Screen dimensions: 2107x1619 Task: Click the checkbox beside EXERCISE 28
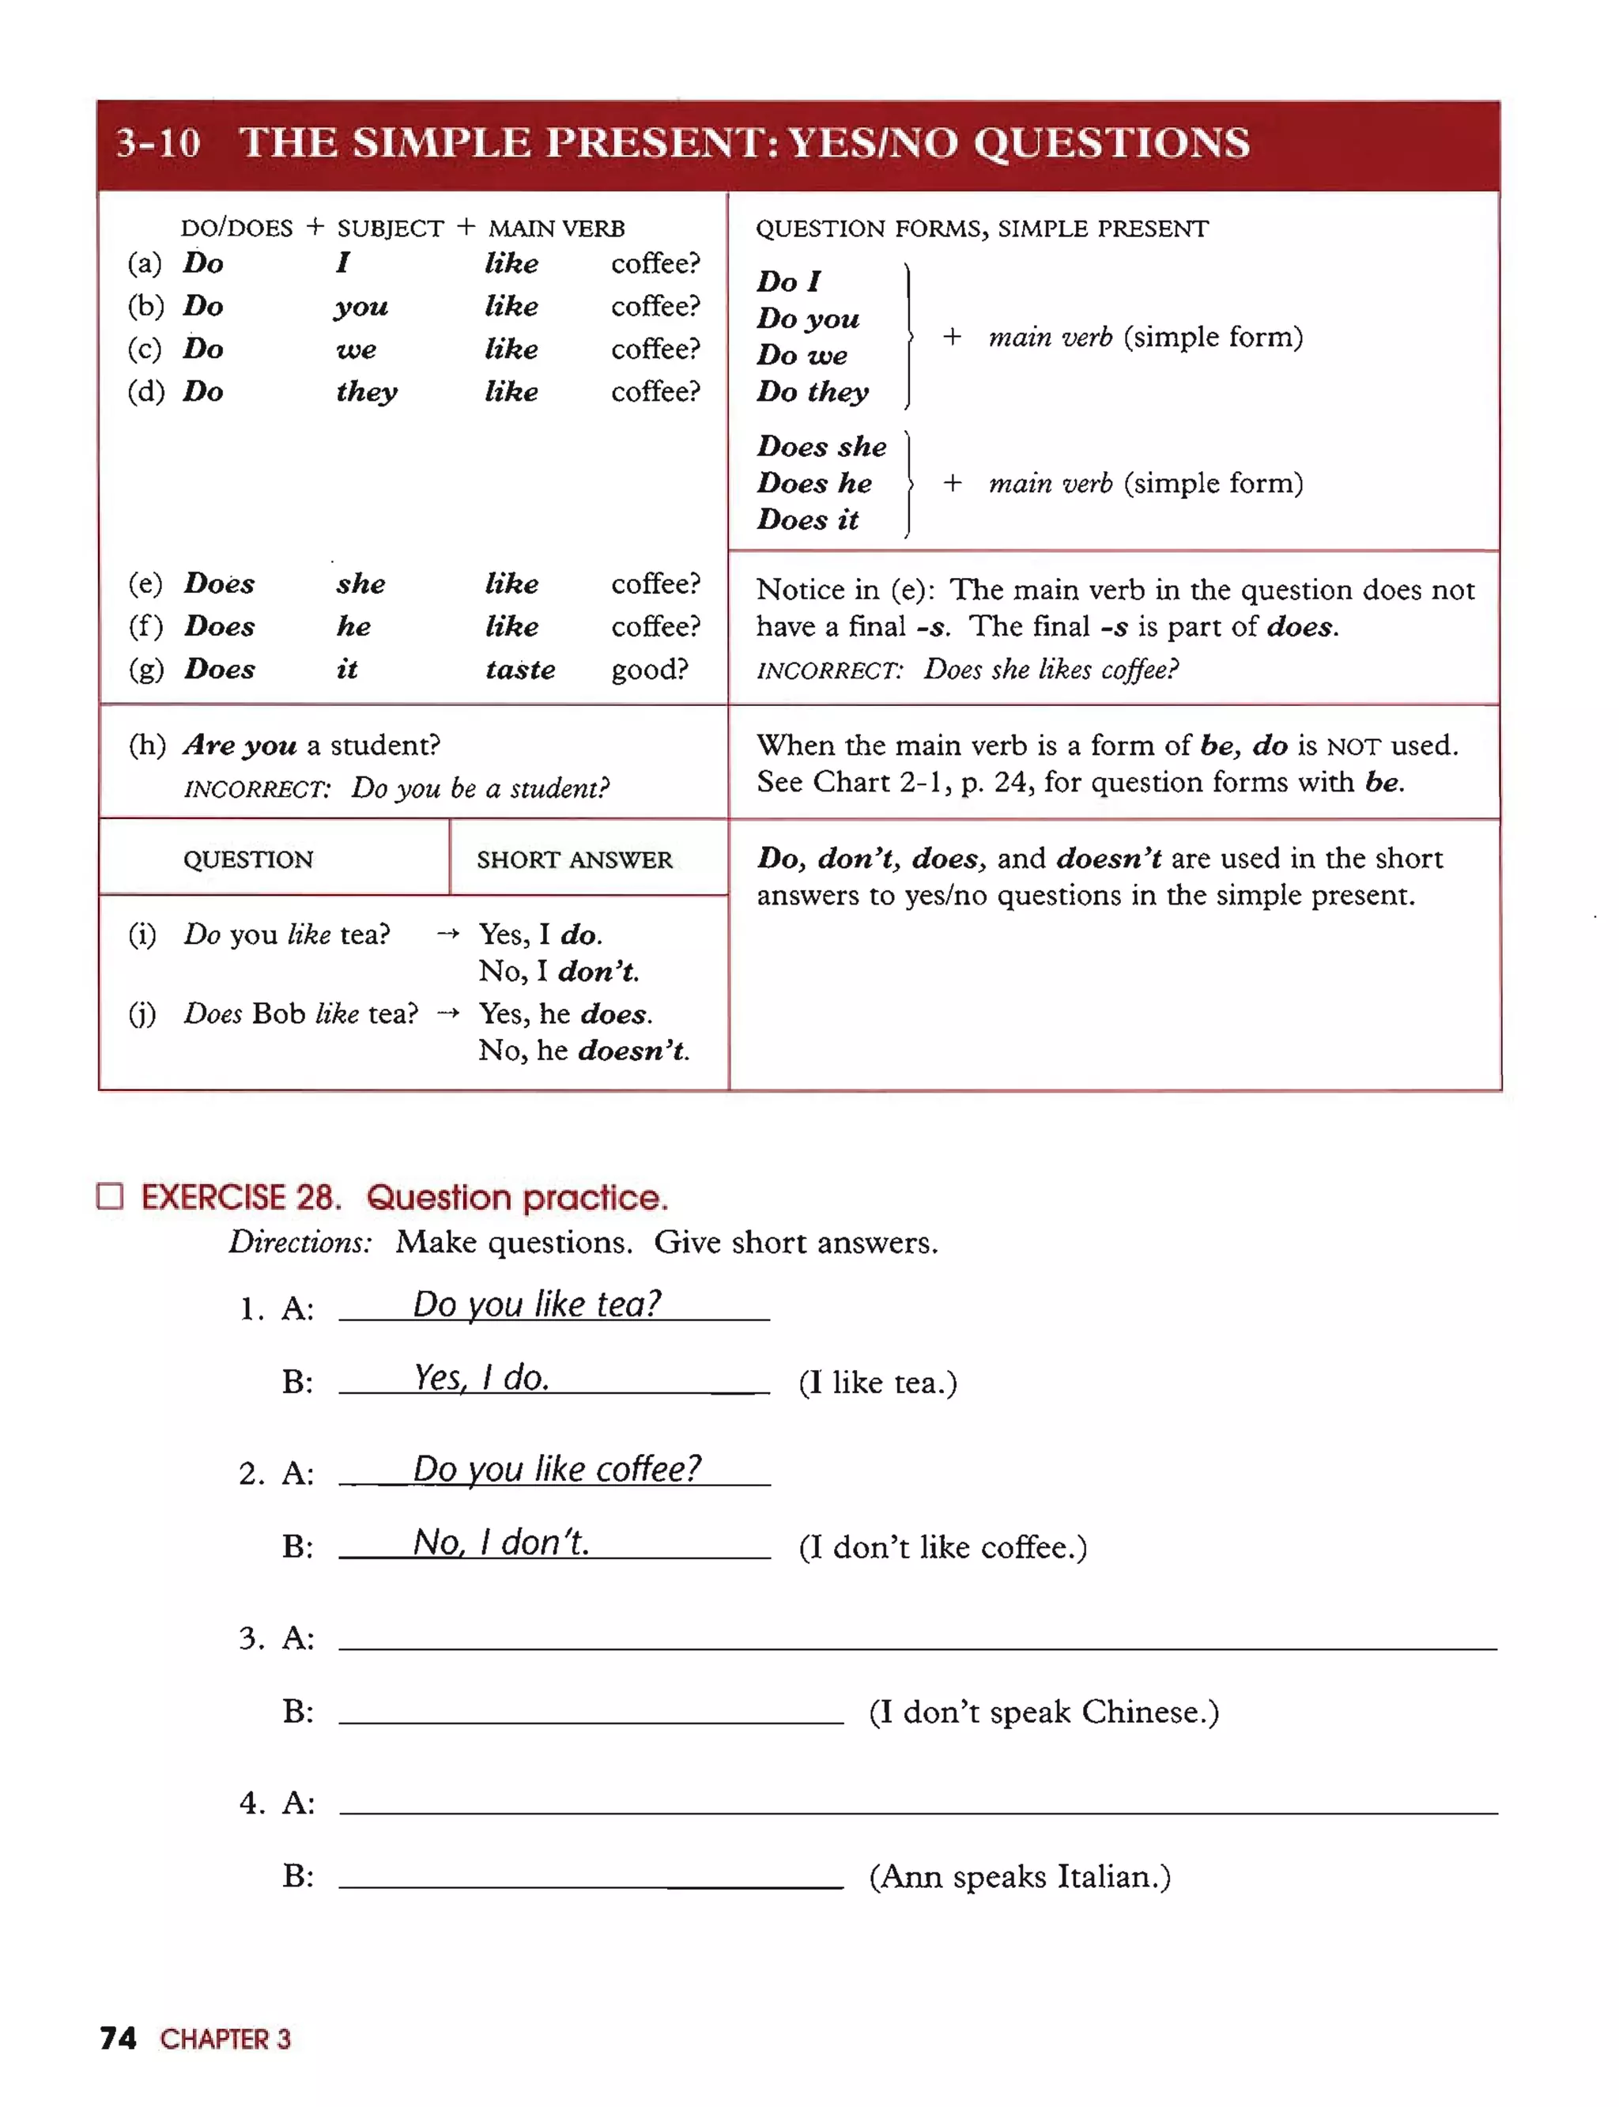(x=111, y=1196)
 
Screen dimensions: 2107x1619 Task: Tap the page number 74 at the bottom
(x=118, y=2037)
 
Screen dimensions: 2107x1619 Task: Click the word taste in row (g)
(x=520, y=669)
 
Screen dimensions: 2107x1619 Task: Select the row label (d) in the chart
(x=145, y=391)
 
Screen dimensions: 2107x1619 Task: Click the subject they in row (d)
(x=366, y=391)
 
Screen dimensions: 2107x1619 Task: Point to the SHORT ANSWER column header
(x=575, y=859)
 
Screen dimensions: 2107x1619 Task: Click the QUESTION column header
(x=249, y=859)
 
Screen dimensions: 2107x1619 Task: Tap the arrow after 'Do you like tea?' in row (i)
(x=447, y=933)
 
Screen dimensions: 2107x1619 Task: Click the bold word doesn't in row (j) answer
(x=632, y=1050)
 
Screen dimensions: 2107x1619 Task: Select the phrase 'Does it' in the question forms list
(x=808, y=519)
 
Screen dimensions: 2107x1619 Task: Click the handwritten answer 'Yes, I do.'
(x=482, y=1377)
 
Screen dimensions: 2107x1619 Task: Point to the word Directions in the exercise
(x=300, y=1241)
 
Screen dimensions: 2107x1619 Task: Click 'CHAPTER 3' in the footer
(x=225, y=2038)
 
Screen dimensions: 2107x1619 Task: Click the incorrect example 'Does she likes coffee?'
(x=1051, y=669)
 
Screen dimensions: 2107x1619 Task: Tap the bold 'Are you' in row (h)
(x=240, y=745)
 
